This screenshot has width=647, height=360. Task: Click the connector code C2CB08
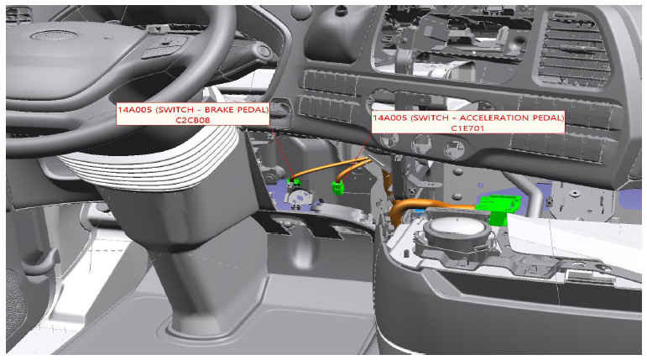tap(193, 120)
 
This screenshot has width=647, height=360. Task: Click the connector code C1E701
tap(467, 128)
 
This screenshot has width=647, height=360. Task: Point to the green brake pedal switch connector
tap(295, 181)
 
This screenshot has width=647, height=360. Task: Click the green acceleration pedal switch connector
tap(338, 188)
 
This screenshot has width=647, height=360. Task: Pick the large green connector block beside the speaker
tap(498, 208)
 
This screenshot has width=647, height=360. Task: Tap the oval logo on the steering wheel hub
tap(54, 35)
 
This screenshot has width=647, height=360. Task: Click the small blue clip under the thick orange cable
tap(419, 211)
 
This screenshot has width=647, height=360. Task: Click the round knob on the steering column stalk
tap(264, 52)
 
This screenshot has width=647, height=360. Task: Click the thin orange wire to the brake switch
tap(330, 166)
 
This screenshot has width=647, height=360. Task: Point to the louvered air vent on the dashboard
tap(573, 50)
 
